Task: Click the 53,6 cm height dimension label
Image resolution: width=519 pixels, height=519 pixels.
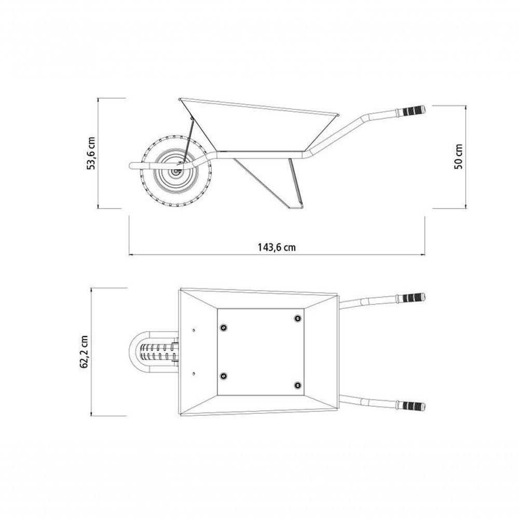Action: tap(91, 153)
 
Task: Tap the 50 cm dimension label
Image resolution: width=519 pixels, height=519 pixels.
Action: tap(459, 157)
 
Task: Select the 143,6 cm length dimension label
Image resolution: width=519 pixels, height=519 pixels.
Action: tap(277, 247)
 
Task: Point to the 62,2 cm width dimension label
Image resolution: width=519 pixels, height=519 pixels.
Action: tap(84, 351)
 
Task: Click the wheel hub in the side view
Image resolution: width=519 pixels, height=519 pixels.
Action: tap(176, 171)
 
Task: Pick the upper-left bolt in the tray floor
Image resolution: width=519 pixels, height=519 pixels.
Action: tap(224, 327)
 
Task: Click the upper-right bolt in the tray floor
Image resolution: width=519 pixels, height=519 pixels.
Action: tap(298, 319)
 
